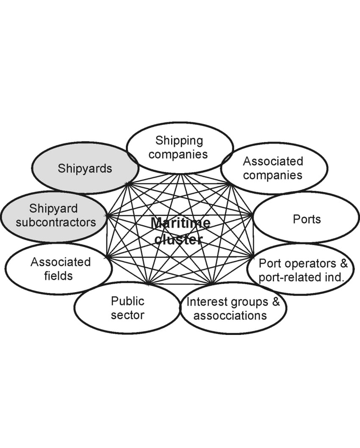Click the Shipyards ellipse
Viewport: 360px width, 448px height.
click(85, 168)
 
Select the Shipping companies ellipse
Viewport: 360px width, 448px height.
click(180, 147)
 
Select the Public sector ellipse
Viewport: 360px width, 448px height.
click(127, 308)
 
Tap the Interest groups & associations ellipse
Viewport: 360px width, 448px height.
click(233, 308)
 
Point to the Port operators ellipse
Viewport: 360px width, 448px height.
click(303, 270)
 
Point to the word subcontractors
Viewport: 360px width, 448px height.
click(56, 222)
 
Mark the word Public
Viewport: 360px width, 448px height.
click(127, 301)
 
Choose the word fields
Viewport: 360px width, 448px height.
click(58, 276)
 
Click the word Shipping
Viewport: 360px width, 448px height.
click(179, 140)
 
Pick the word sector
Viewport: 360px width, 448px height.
click(127, 315)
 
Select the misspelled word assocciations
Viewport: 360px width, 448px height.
click(230, 315)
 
